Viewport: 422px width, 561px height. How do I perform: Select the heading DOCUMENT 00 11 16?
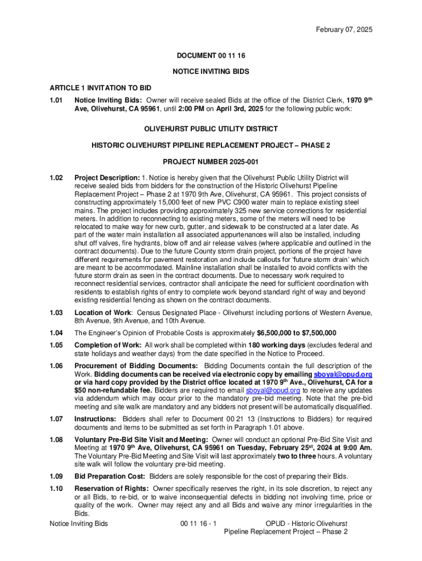(211, 56)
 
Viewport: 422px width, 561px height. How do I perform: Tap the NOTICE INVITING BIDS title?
(211, 72)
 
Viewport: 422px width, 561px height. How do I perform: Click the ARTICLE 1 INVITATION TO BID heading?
(100, 88)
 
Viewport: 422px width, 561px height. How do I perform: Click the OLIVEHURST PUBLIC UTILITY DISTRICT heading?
(211, 129)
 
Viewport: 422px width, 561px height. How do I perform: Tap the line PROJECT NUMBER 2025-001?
(211, 162)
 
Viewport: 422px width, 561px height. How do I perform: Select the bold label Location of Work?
(103, 313)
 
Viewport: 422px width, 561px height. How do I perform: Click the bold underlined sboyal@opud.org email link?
(343, 374)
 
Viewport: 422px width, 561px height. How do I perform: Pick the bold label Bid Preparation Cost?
(110, 476)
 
